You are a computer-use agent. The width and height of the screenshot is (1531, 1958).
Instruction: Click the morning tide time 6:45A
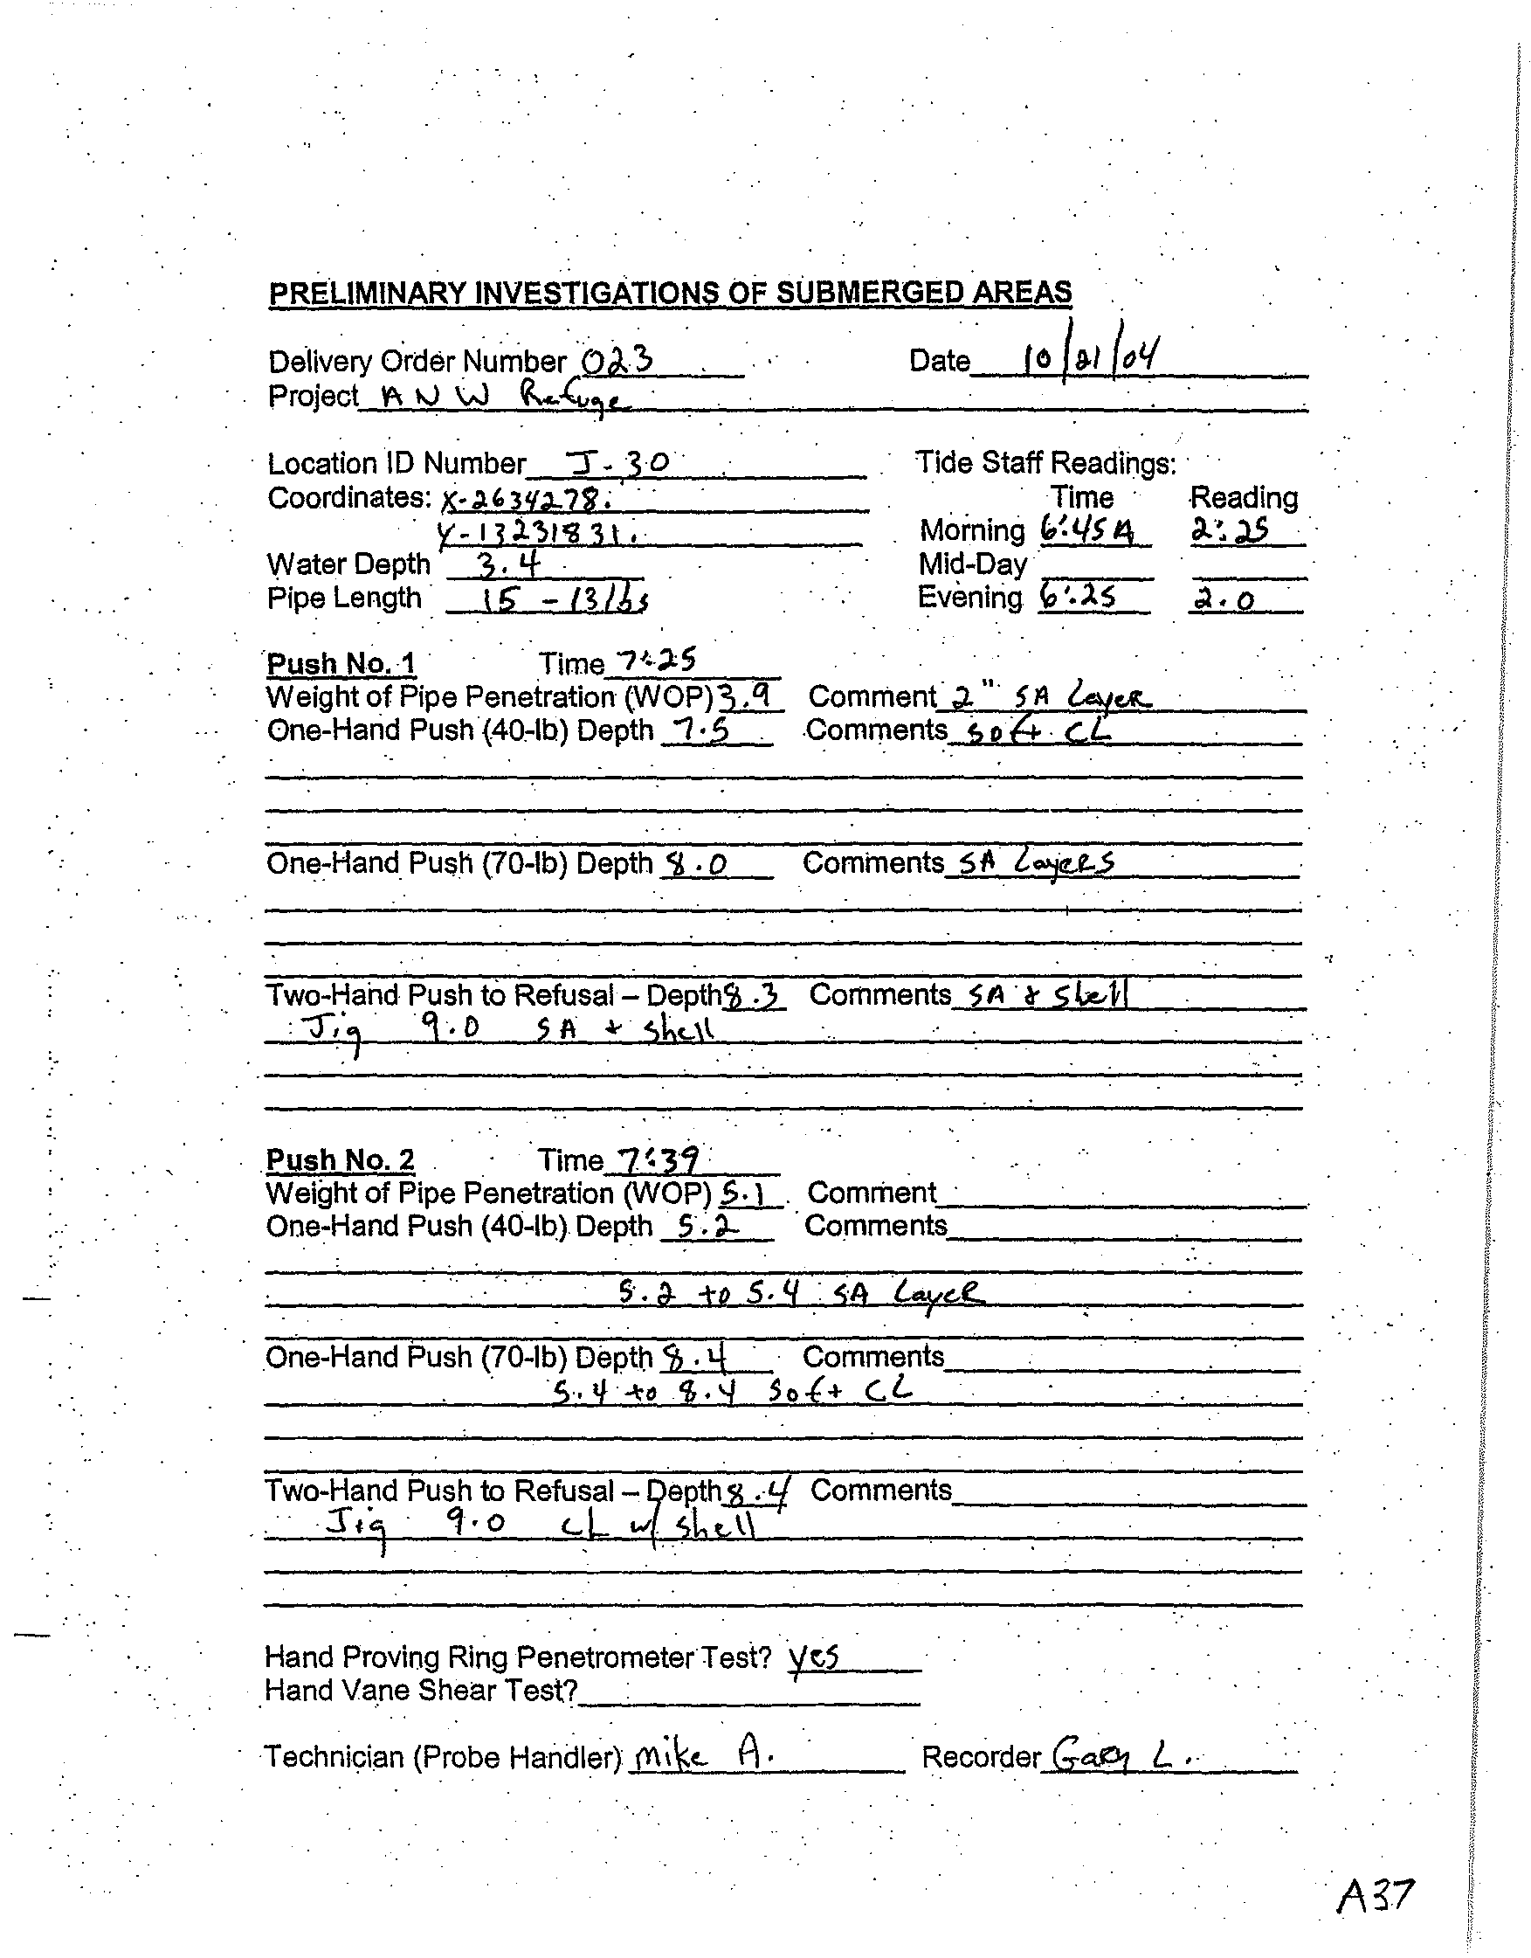[x=1086, y=530]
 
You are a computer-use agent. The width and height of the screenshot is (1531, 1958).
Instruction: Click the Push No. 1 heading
[x=341, y=663]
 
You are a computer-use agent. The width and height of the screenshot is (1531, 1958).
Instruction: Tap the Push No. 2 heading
[x=340, y=1160]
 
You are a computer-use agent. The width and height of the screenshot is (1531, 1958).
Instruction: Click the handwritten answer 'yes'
[x=813, y=1657]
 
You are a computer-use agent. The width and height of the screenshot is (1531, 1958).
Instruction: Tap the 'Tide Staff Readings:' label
[x=1045, y=462]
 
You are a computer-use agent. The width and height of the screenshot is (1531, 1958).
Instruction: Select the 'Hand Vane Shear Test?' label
[x=421, y=1691]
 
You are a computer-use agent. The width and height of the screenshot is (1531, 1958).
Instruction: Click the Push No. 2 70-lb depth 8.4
[x=693, y=1360]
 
